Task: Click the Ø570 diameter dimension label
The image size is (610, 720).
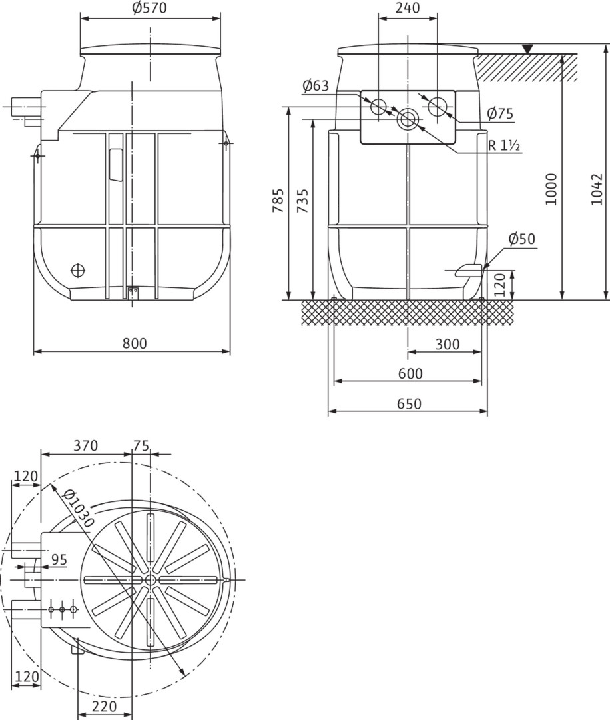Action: (150, 8)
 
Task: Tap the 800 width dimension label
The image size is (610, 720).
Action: (135, 343)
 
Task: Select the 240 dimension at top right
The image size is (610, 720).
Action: (408, 8)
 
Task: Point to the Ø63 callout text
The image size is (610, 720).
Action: (316, 85)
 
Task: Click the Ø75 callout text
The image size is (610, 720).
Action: (500, 113)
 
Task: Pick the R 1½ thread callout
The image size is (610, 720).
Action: (503, 145)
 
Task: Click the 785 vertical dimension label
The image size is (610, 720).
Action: (278, 200)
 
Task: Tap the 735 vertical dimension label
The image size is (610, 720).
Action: (303, 201)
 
